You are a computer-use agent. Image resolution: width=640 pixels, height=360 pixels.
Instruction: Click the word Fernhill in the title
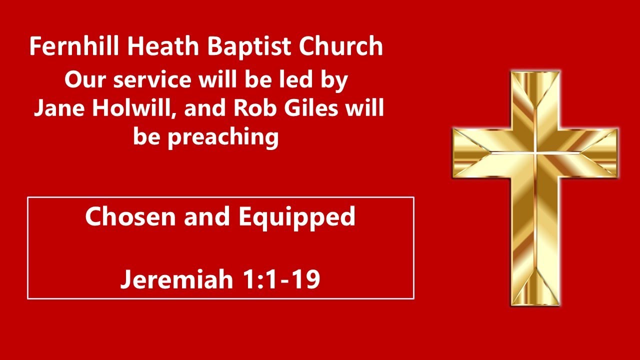click(74, 46)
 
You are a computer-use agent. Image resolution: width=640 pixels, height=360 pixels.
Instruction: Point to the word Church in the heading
click(341, 46)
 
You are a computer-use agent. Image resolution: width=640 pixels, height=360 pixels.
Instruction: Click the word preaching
click(223, 136)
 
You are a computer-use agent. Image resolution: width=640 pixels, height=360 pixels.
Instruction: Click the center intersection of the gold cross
click(535, 152)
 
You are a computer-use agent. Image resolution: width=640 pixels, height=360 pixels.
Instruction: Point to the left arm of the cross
click(480, 152)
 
